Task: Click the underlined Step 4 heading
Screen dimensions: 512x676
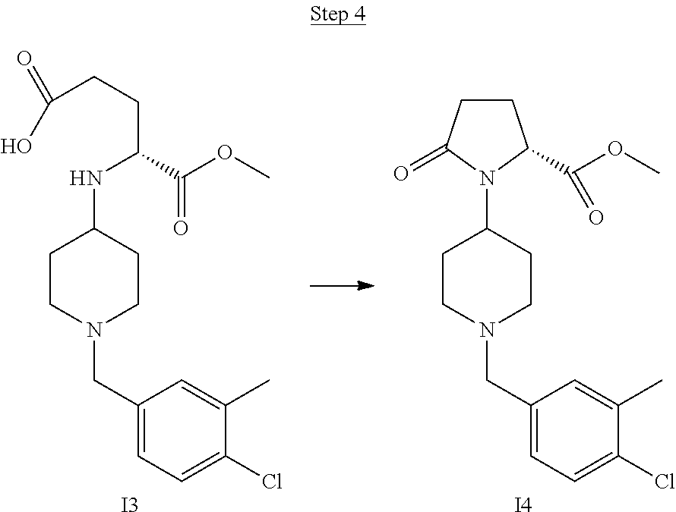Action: coord(337,16)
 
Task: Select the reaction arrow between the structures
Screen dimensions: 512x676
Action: coord(343,286)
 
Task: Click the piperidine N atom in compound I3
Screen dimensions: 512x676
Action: coord(93,329)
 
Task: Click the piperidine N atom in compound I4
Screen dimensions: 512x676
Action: coord(487,329)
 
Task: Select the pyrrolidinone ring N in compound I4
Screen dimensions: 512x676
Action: coord(487,179)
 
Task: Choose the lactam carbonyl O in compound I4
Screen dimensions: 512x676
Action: coord(403,174)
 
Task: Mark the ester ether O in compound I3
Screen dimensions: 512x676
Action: coord(226,152)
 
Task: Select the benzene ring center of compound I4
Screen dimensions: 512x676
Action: coord(573,429)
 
